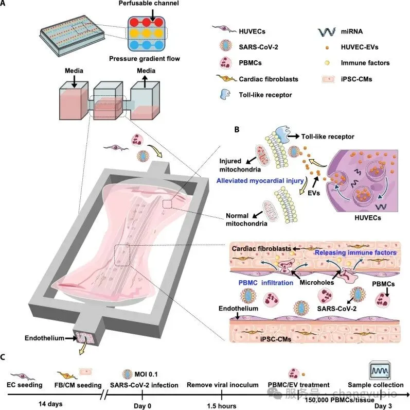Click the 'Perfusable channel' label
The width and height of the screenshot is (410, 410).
149,4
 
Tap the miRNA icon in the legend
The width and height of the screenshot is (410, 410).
327,32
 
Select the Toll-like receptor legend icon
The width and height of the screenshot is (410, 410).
225,94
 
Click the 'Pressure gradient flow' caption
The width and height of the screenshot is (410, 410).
145,59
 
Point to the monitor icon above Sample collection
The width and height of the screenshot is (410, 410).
380,370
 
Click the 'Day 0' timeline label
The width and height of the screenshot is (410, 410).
142,406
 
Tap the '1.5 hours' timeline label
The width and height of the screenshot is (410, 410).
222,406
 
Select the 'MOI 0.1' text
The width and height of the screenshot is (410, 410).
146,374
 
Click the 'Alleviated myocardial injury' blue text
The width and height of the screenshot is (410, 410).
260,181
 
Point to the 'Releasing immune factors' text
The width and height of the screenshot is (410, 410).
355,253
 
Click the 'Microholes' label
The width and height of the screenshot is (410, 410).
317,282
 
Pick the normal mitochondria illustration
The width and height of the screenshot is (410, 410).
270,212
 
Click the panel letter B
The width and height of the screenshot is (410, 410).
237,130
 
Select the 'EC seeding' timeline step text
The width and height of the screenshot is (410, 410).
25,385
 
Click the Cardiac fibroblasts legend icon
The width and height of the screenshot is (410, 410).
226,78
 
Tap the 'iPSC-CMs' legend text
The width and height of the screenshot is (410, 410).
356,79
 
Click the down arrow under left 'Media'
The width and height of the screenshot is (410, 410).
74,81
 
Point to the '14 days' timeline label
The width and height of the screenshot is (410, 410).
50,404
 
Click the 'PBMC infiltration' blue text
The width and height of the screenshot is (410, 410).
265,283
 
